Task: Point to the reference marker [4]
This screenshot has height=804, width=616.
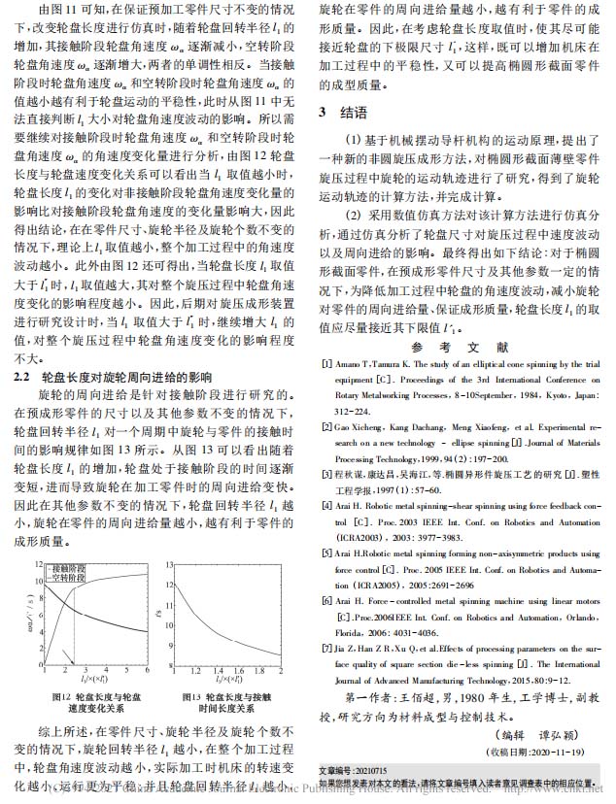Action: coord(326,495)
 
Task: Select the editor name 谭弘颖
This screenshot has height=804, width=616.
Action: coord(552,734)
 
